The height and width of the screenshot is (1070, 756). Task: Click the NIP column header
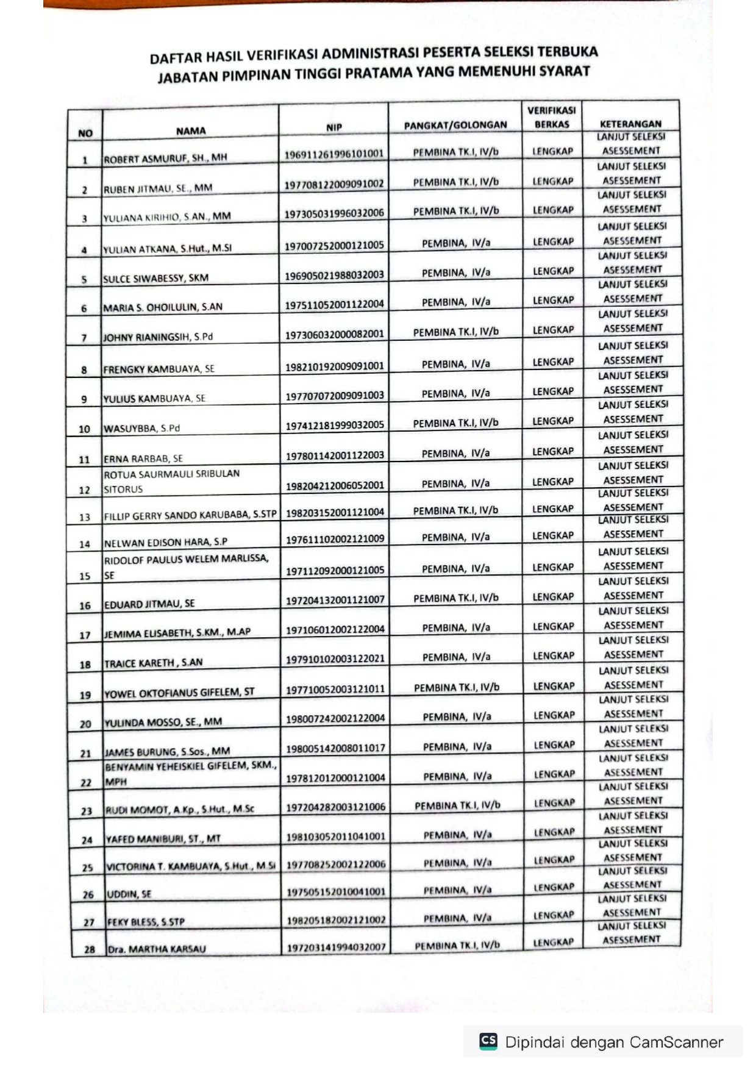click(x=333, y=127)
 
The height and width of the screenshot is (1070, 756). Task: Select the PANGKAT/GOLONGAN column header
click(x=455, y=125)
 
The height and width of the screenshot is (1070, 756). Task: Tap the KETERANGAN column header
click(x=630, y=124)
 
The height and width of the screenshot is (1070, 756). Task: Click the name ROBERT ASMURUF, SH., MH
click(x=165, y=158)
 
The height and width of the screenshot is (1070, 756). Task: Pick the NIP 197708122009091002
click(x=334, y=184)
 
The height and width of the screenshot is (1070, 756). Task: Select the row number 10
click(x=84, y=429)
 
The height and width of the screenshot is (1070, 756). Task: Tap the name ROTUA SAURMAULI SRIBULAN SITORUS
click(x=171, y=481)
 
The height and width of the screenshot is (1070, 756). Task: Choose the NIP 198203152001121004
click(x=335, y=512)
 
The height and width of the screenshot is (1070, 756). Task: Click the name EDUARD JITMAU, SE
click(x=149, y=604)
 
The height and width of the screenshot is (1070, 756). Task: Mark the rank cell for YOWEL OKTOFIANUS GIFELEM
click(x=457, y=687)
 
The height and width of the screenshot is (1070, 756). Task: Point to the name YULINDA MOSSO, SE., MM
click(x=163, y=722)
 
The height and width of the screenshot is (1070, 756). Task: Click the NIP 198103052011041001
click(x=336, y=836)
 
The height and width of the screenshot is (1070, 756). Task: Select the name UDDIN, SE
click(x=129, y=894)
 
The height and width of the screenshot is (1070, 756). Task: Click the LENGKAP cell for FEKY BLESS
click(x=553, y=915)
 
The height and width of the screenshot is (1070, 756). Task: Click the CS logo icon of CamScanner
click(x=488, y=1041)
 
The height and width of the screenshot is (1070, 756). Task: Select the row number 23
click(x=86, y=811)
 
